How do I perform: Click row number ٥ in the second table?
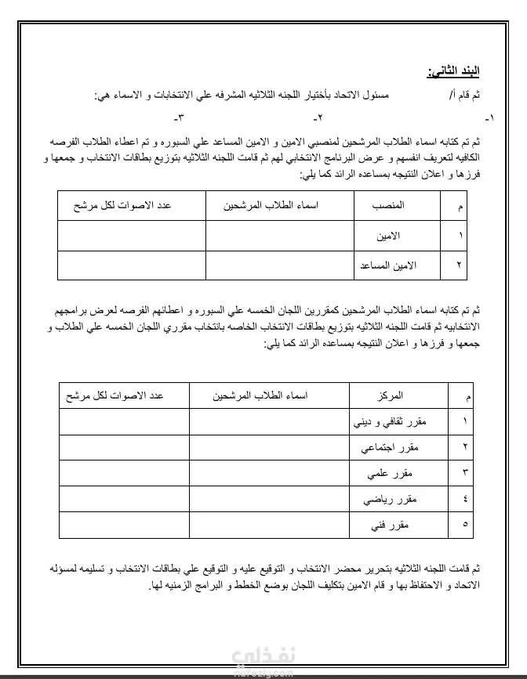coord(465,524)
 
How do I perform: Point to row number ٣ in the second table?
coord(465,473)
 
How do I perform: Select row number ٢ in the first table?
coord(459,265)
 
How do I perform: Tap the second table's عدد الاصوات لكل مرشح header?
coord(123,396)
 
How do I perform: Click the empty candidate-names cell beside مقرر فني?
coord(269,524)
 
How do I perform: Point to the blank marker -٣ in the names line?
coord(178,118)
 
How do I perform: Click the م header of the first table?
coord(459,205)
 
